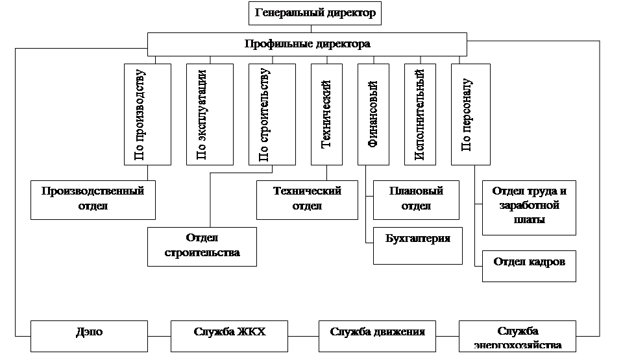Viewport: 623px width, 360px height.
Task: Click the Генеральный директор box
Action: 315,13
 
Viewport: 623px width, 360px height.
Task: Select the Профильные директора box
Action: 307,45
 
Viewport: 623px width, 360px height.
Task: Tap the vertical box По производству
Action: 147,114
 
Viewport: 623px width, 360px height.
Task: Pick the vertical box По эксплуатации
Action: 210,114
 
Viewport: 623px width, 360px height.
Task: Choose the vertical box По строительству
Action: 272,114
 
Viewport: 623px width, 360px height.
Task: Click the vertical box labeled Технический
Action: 326,114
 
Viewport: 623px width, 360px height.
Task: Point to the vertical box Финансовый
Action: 373,114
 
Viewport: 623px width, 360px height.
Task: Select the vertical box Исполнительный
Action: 420,114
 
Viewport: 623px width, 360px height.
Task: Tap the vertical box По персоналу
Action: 474,114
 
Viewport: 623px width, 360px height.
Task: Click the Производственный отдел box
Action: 93,199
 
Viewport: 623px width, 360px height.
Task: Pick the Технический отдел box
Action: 307,199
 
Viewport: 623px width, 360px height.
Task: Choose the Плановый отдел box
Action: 416,199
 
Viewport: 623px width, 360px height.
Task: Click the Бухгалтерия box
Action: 418,245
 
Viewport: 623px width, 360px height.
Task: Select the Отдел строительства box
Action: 202,246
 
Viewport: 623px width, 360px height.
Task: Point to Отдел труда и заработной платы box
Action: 529,207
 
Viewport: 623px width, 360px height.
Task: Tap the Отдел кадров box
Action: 529,265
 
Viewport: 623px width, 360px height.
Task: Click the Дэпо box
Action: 93,335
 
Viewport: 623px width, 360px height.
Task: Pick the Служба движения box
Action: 377,335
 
